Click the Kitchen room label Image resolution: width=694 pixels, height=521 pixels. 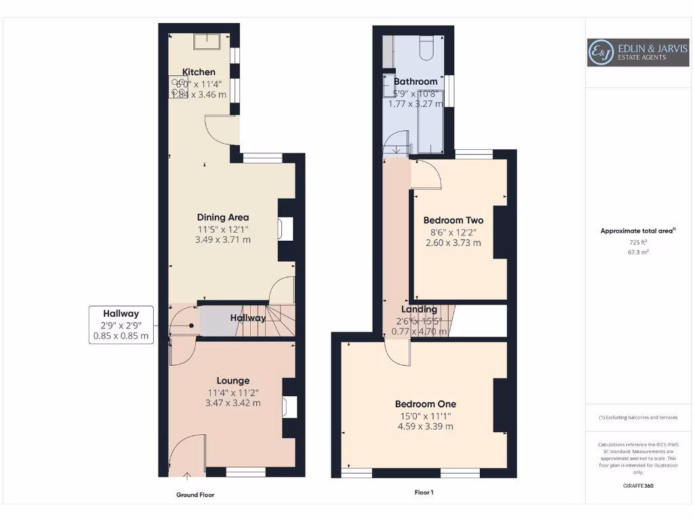(x=199, y=72)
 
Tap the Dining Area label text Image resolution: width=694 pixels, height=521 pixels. (x=223, y=217)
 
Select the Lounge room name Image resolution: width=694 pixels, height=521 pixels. (x=233, y=381)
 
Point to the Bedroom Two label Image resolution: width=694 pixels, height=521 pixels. (x=453, y=220)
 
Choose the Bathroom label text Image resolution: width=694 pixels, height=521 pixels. (x=415, y=81)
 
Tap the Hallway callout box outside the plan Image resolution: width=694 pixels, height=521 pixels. (x=121, y=325)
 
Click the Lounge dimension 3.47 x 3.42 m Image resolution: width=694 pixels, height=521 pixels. (x=233, y=403)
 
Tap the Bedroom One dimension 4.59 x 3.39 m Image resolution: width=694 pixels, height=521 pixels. (x=426, y=427)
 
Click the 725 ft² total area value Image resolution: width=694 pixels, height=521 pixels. (x=638, y=242)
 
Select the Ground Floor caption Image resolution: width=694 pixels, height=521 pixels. (x=195, y=495)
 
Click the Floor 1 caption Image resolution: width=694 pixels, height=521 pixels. (x=424, y=493)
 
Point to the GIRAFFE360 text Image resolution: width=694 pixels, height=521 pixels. (x=638, y=486)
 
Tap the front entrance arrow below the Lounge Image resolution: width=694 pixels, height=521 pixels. (x=187, y=476)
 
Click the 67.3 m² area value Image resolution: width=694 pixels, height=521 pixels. (x=638, y=252)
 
